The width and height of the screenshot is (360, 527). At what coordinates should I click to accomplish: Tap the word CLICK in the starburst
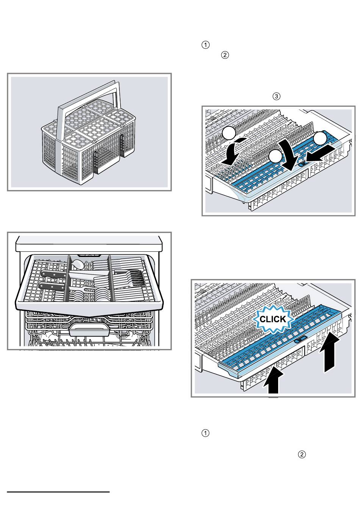(273, 319)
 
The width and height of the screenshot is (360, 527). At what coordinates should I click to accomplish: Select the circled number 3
(276, 96)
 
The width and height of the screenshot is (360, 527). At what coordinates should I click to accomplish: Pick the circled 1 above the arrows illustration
(205, 45)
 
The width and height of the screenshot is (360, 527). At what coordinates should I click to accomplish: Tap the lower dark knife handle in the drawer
(52, 287)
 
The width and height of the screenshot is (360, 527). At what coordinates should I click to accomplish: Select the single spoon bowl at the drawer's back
(78, 264)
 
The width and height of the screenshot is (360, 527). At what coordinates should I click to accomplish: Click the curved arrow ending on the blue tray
(287, 155)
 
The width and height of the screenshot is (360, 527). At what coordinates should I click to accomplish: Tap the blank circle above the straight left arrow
(320, 139)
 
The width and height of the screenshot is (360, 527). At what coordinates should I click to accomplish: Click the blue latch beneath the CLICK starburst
(301, 338)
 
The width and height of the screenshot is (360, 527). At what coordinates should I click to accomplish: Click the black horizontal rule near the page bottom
(58, 492)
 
